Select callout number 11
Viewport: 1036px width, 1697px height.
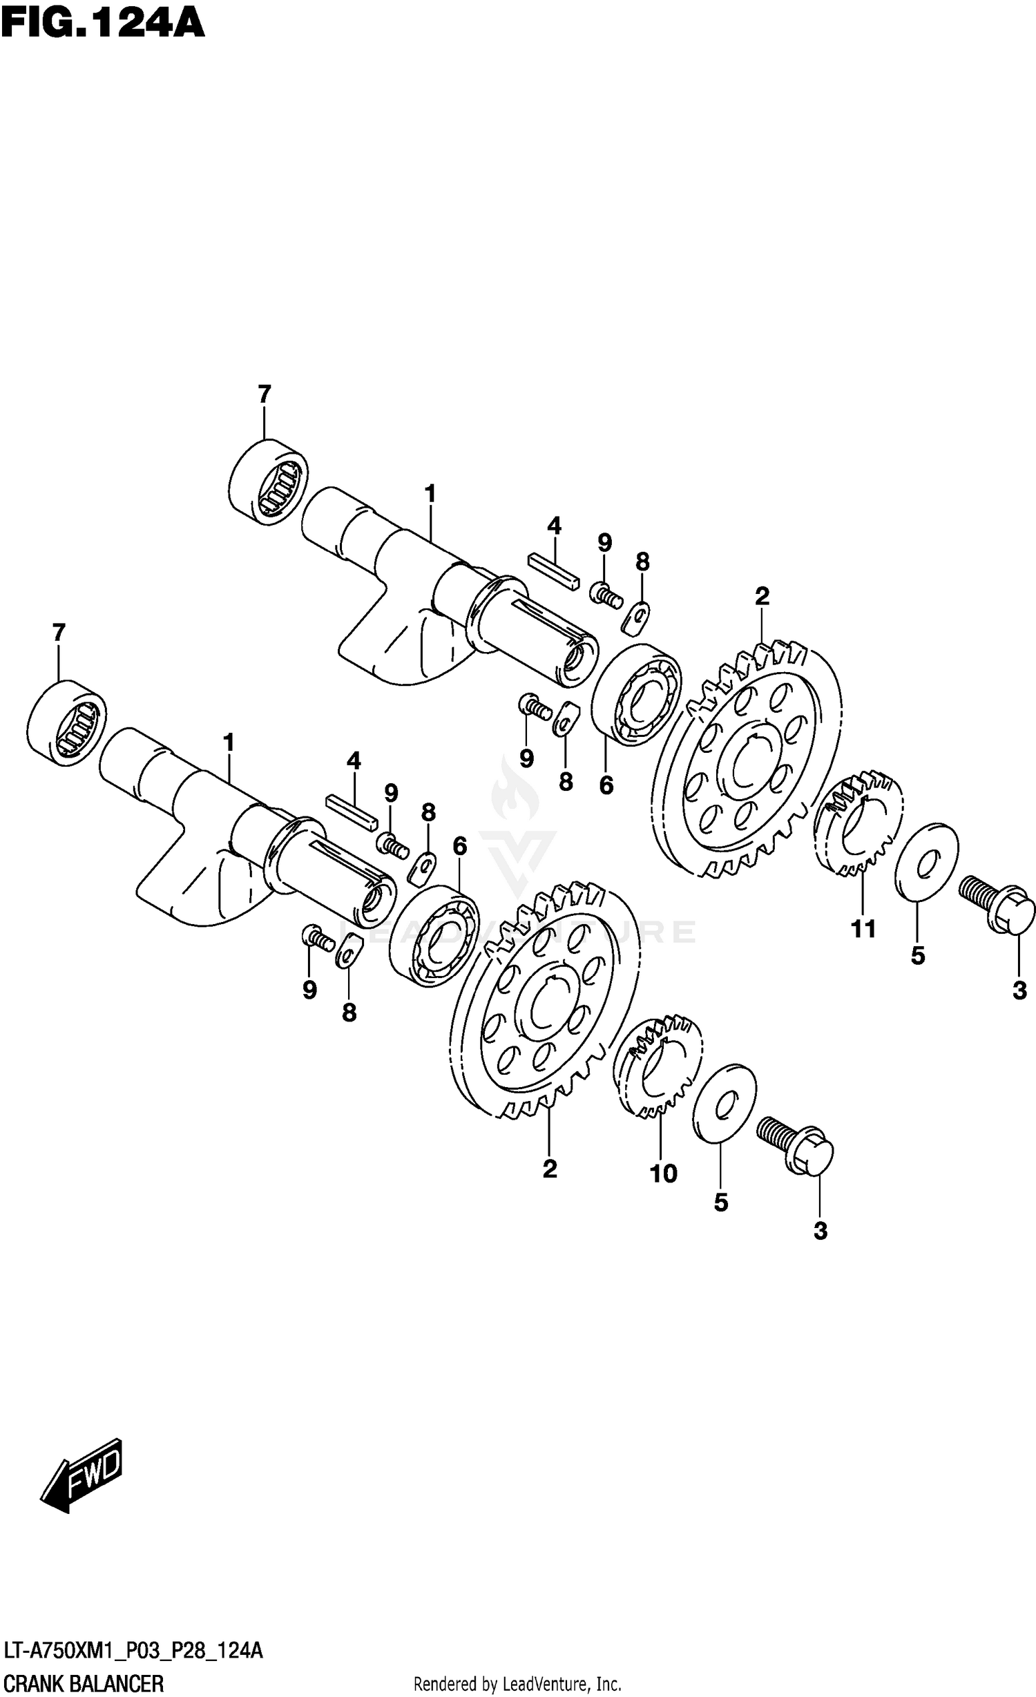[863, 929]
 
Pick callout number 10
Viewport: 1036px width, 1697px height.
[663, 1173]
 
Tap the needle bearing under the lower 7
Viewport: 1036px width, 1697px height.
[67, 722]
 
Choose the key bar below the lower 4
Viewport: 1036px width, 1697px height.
[353, 812]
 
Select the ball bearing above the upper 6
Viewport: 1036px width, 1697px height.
[637, 695]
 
